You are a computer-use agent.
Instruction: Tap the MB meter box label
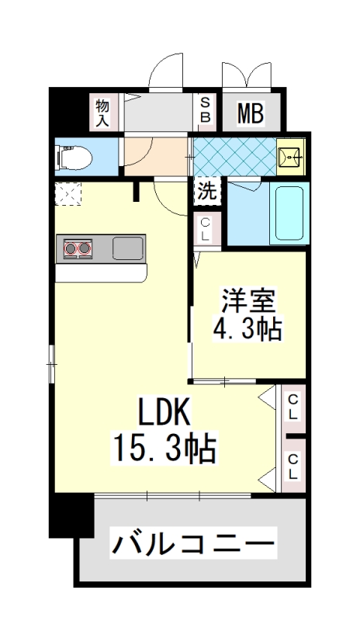pyautogui.click(x=251, y=113)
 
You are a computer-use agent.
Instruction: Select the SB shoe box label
pyautogui.click(x=206, y=110)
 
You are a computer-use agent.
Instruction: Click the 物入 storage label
pyautogui.click(x=102, y=113)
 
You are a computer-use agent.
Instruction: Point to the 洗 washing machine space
pyautogui.click(x=207, y=192)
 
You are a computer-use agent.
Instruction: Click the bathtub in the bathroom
pyautogui.click(x=289, y=213)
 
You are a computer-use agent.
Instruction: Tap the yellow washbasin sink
pyautogui.click(x=291, y=157)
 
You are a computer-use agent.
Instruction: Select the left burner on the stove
pyautogui.click(x=71, y=248)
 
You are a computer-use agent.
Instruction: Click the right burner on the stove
pyautogui.click(x=85, y=248)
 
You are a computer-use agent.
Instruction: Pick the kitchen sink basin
pyautogui.click(x=128, y=248)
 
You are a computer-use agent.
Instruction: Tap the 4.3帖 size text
pyautogui.click(x=247, y=328)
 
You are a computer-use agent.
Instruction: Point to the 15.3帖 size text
pyautogui.click(x=164, y=448)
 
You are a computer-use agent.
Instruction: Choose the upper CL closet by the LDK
pyautogui.click(x=293, y=408)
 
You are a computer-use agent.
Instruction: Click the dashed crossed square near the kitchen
pyautogui.click(x=68, y=193)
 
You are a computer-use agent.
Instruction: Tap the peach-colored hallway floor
pyautogui.click(x=156, y=156)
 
